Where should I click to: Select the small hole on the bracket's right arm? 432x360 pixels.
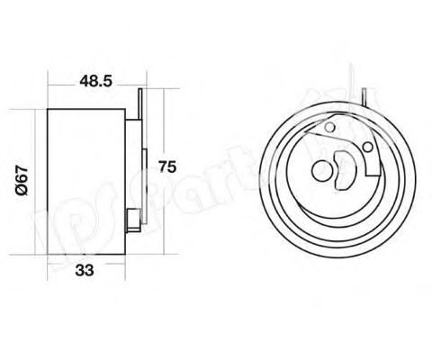click(366, 147)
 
